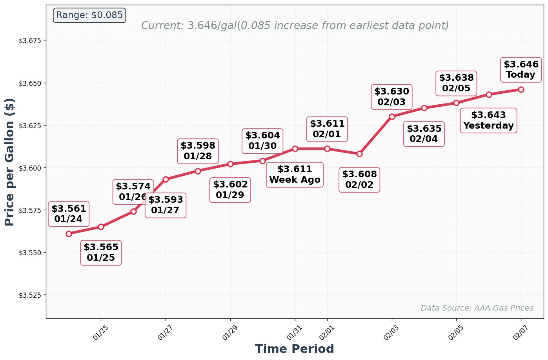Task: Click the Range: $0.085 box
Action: click(x=89, y=15)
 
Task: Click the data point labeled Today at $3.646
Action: click(x=521, y=89)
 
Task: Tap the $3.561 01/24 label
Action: click(x=69, y=214)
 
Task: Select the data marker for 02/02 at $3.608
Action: click(x=359, y=154)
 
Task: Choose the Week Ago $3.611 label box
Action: click(x=295, y=175)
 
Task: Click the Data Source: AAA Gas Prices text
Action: click(x=477, y=308)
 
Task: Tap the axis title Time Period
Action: click(x=294, y=349)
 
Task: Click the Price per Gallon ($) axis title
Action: click(x=10, y=162)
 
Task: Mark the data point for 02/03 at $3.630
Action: click(x=392, y=116)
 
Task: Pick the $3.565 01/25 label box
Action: click(x=101, y=253)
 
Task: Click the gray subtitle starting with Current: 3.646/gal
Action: click(x=295, y=26)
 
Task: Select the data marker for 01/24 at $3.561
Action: click(x=69, y=234)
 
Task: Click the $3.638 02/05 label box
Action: click(x=456, y=83)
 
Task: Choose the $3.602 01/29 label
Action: click(x=230, y=190)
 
